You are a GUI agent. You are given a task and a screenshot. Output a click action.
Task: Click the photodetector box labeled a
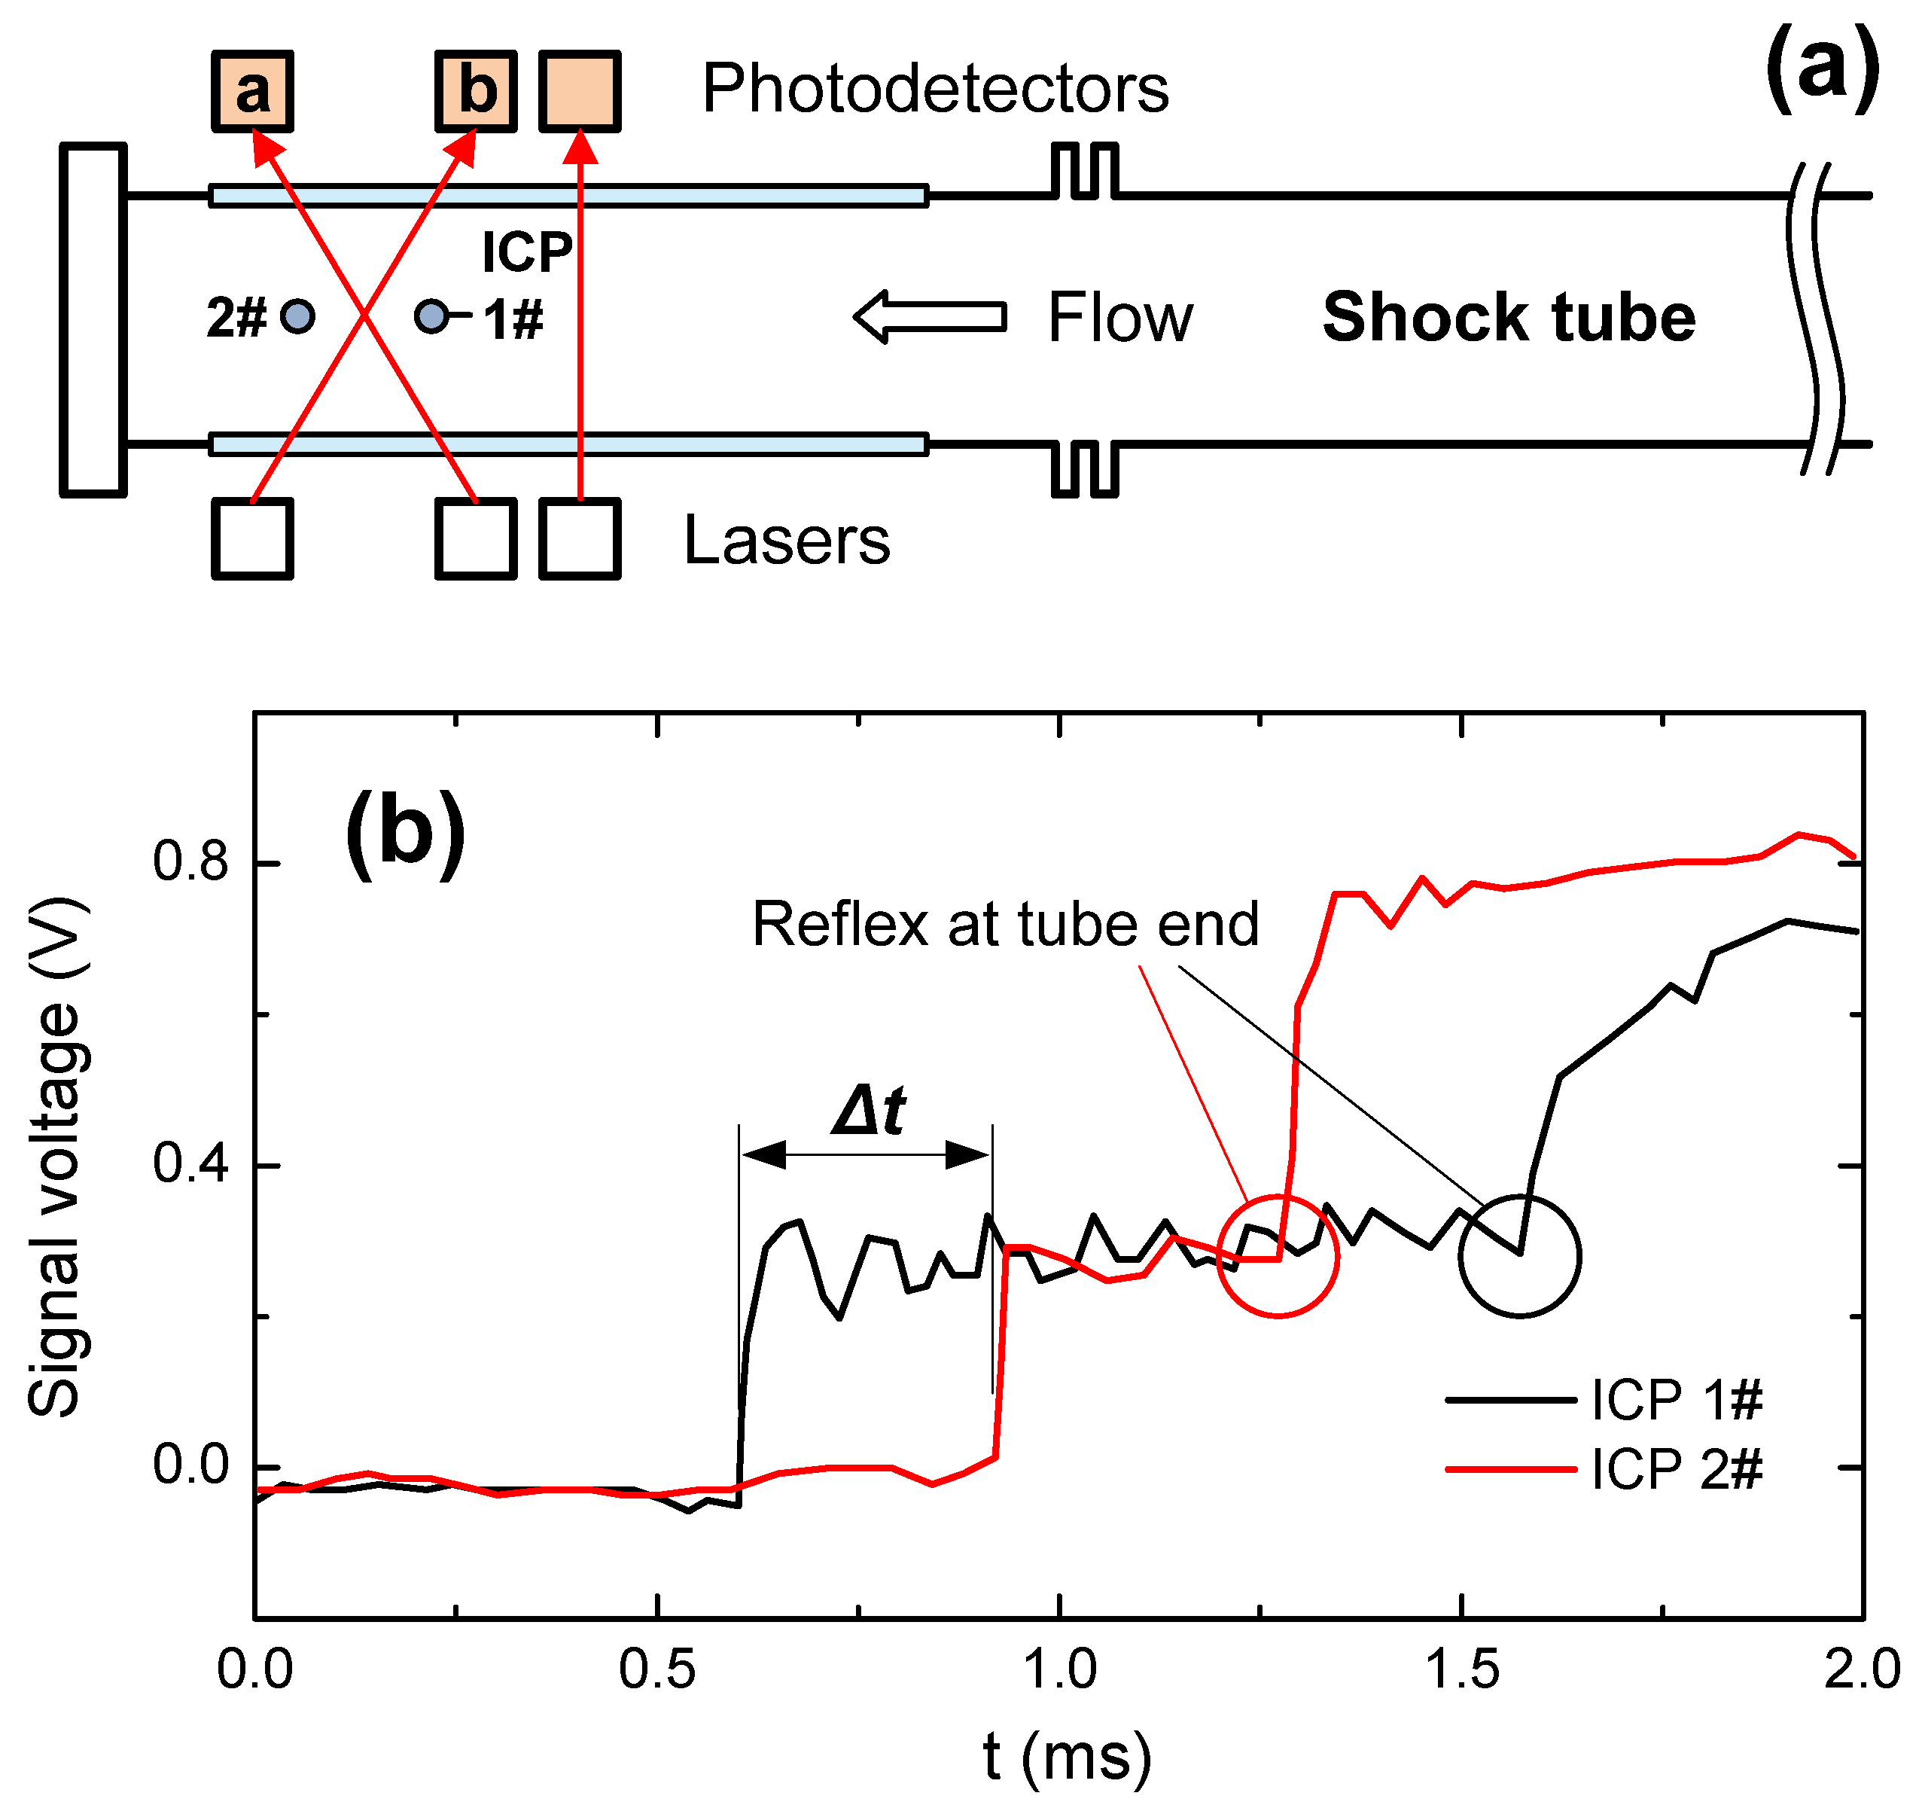[x=252, y=92]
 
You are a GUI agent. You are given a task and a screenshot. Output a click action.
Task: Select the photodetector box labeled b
[x=476, y=92]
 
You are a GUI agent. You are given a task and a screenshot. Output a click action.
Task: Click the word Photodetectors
[x=935, y=89]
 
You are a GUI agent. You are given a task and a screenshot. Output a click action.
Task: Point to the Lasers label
[x=787, y=541]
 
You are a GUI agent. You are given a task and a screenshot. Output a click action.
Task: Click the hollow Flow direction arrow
[x=930, y=317]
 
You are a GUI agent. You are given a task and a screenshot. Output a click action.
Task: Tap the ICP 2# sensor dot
[x=298, y=316]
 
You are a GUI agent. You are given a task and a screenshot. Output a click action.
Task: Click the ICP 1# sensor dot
[x=431, y=316]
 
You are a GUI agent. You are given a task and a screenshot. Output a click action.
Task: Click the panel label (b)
[x=405, y=832]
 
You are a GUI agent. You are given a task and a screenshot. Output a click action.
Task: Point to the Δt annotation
[x=868, y=1111]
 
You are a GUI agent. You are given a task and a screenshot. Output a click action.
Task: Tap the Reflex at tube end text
[x=1006, y=924]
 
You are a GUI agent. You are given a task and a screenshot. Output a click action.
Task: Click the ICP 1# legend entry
[x=1605, y=1400]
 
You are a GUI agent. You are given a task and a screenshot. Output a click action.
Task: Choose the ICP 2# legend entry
[x=1605, y=1470]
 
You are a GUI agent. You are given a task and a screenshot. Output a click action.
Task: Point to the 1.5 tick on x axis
[x=1462, y=1669]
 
